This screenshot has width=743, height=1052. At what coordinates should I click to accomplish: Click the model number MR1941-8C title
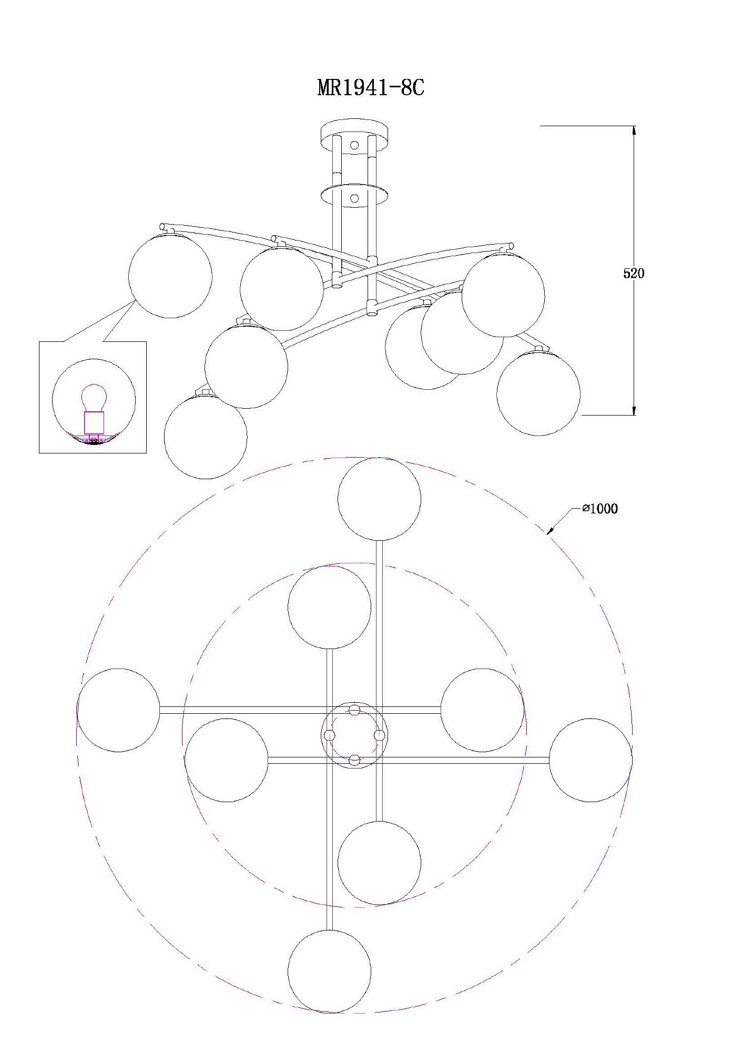point(371,88)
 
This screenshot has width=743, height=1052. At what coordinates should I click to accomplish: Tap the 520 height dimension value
point(634,273)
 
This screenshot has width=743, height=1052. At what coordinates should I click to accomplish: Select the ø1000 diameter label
point(600,509)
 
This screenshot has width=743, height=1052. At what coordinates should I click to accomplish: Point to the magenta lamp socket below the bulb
point(94,422)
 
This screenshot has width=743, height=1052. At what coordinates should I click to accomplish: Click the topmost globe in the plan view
point(379,499)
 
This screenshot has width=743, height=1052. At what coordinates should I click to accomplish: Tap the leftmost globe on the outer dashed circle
point(118,710)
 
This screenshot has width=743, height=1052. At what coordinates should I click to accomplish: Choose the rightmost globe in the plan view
point(591,760)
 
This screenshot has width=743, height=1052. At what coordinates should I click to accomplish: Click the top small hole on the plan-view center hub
point(354,710)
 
